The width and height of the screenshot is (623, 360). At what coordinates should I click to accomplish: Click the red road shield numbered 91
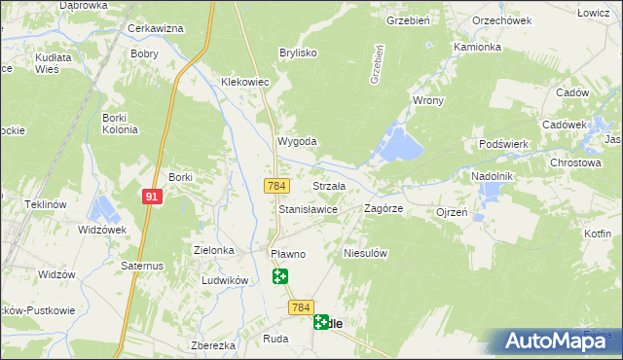tap(152, 197)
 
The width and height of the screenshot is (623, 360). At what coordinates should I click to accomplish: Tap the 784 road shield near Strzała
tap(275, 185)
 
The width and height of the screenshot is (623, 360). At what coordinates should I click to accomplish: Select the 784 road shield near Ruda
tap(300, 307)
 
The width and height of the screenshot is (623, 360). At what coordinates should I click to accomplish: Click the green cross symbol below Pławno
tap(280, 276)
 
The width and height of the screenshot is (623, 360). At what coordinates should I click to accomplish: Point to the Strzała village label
tap(328, 185)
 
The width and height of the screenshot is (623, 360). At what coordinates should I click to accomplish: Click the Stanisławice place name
tap(308, 209)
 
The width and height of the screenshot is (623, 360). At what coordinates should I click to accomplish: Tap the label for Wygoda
tap(298, 141)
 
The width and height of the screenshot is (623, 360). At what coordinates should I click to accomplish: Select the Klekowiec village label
tap(244, 83)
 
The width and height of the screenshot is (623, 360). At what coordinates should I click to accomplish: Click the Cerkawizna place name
tap(156, 28)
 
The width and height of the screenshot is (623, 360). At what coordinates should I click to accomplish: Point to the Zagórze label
tap(384, 209)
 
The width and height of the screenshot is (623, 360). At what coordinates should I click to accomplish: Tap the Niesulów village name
tap(366, 253)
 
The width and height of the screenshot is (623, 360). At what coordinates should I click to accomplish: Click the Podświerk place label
tap(503, 144)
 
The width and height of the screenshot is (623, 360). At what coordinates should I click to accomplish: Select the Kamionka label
tap(477, 47)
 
